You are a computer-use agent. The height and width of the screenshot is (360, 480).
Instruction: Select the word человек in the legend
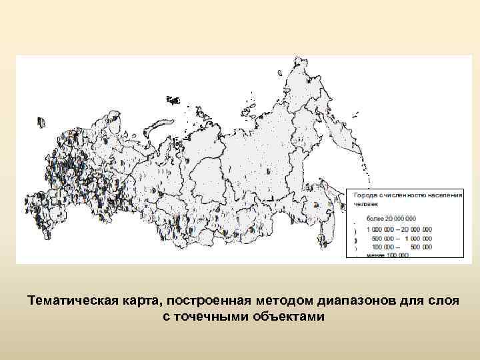[365, 204]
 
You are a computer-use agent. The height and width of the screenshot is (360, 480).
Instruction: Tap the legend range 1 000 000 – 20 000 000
[399, 229]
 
